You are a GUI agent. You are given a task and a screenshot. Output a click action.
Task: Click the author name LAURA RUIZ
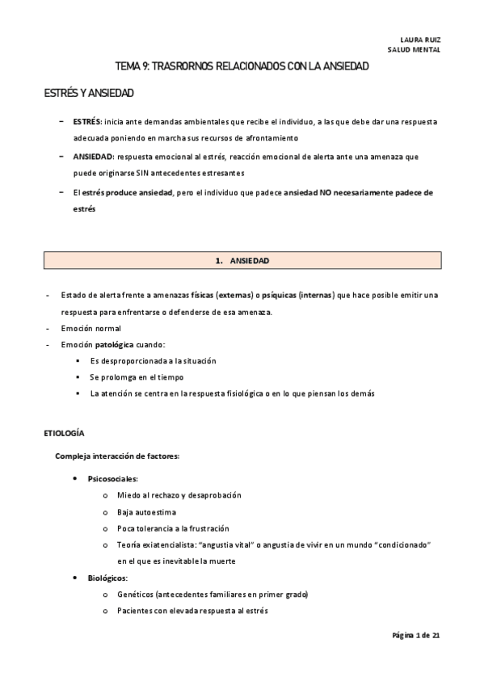(420, 39)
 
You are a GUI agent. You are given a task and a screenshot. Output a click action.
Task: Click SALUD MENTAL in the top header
(414, 48)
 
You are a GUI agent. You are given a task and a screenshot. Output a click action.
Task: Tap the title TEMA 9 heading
(242, 66)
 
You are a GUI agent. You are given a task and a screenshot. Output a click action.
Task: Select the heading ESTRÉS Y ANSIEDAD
(89, 94)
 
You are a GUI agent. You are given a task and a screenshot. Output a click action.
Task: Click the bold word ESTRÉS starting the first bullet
(86, 121)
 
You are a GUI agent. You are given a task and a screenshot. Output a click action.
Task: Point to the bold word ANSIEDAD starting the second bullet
(93, 156)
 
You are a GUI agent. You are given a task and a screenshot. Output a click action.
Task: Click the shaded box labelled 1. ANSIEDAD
(242, 260)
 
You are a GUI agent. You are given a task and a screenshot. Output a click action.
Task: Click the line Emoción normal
(90, 328)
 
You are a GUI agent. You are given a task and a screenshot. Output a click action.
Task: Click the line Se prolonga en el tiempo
(137, 377)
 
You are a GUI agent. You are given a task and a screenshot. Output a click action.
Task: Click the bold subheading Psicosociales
(112, 478)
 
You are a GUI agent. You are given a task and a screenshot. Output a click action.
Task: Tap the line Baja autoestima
(146, 511)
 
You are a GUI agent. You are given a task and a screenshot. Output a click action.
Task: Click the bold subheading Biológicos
(107, 578)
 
